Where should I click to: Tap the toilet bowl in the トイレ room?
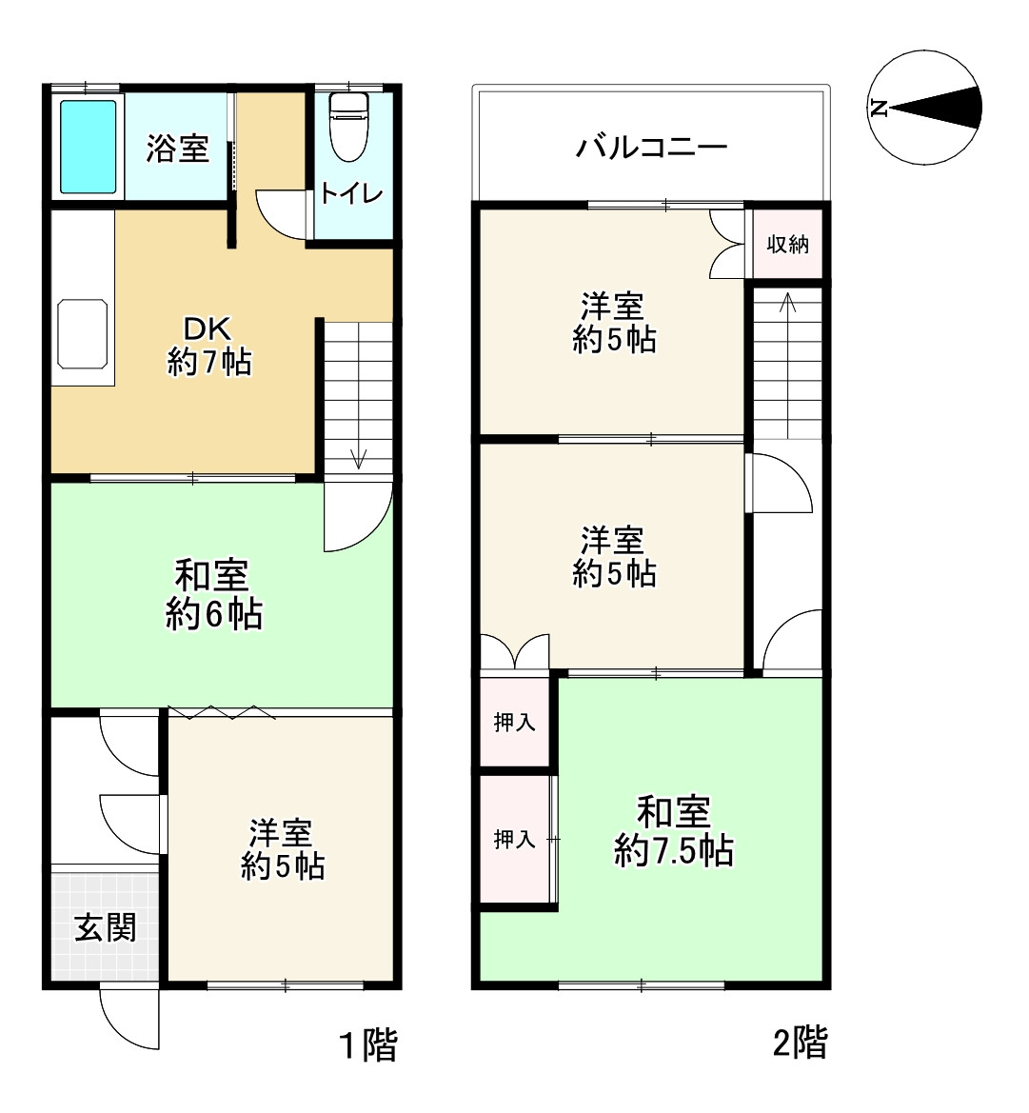click(x=348, y=129)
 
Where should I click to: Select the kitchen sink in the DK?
click(x=83, y=333)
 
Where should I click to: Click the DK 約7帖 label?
click(x=209, y=346)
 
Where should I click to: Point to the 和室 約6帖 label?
click(x=213, y=595)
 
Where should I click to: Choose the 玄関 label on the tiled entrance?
click(x=106, y=926)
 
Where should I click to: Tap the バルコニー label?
click(x=651, y=148)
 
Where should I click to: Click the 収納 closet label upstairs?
click(x=787, y=244)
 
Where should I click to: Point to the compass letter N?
click(x=880, y=108)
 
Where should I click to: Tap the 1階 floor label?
click(x=368, y=1046)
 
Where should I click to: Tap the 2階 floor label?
click(x=800, y=1043)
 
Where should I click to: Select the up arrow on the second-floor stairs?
click(x=787, y=304)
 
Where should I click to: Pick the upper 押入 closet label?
click(x=514, y=723)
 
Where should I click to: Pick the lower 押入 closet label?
click(x=514, y=839)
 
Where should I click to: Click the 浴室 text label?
click(x=177, y=149)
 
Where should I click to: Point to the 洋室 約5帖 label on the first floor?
click(x=283, y=849)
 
